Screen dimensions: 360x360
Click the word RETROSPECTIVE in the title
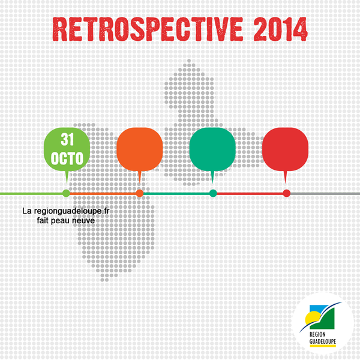148,29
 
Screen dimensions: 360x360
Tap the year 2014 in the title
281,29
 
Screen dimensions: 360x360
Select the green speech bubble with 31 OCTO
67,152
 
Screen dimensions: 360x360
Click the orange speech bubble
140,152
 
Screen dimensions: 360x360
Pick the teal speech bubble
212,152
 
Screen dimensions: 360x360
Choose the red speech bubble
285,152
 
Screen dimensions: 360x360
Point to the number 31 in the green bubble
67,139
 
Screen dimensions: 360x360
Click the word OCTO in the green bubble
67,158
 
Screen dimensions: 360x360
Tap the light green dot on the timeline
67,193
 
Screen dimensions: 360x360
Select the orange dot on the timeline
140,193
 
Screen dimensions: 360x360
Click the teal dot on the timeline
213,193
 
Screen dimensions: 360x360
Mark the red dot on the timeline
287,193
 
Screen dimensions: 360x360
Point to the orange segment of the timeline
103,194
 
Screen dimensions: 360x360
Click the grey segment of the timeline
325,194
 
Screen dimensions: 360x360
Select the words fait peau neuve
66,221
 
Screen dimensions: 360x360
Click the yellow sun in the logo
312,317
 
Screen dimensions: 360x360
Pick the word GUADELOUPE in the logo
323,341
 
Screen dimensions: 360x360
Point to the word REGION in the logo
317,334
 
